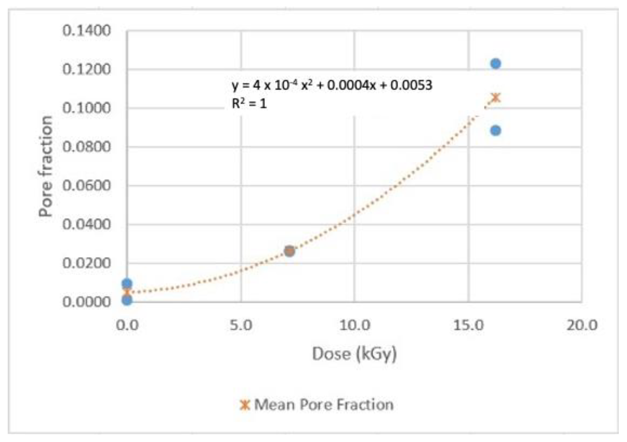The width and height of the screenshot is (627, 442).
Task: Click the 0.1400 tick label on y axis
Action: click(x=86, y=31)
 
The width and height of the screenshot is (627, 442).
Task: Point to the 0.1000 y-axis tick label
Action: click(x=86, y=108)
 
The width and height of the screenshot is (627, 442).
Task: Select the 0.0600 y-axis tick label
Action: click(x=86, y=186)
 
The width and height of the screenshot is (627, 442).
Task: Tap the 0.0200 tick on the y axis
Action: click(x=86, y=263)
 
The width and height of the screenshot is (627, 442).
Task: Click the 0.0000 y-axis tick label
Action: click(x=86, y=302)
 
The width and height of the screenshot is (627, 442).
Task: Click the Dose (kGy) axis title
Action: click(x=354, y=354)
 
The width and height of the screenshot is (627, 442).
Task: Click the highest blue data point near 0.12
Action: click(x=495, y=64)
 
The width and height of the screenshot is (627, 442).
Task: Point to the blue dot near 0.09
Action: click(x=495, y=130)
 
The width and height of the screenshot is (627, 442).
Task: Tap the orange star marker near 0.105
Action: click(x=496, y=97)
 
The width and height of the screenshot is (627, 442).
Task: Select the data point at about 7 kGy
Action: click(x=289, y=251)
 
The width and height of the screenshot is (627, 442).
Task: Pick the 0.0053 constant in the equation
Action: click(x=411, y=85)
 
